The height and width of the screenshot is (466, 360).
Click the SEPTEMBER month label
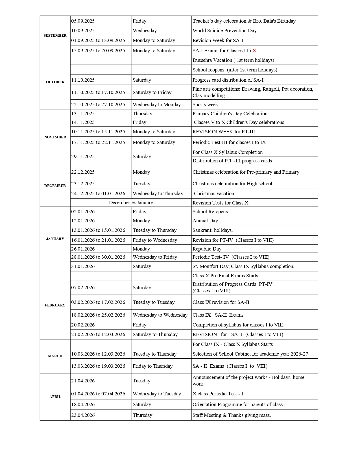[55, 36]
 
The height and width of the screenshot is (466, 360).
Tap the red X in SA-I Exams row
[254, 51]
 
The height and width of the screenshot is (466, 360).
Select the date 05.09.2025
[83, 21]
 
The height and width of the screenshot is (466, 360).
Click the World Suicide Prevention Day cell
[224, 31]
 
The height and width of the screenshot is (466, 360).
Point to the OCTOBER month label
[55, 82]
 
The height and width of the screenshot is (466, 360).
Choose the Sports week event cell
[205, 104]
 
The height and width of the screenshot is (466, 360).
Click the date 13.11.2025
[83, 114]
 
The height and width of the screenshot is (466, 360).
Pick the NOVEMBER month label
[55, 137]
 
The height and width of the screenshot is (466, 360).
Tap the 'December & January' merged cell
[131, 202]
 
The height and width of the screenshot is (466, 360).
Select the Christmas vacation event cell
[214, 193]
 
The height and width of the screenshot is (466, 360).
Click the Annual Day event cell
[205, 221]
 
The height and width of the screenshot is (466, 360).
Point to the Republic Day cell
[207, 249]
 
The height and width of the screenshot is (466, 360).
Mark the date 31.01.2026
[83, 266]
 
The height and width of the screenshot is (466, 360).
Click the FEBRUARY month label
[55, 305]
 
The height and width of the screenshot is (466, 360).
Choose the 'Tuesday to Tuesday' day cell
[154, 302]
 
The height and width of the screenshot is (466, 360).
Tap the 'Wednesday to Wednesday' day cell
[160, 315]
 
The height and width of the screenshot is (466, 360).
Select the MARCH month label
[55, 356]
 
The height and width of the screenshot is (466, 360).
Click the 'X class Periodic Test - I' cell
[218, 394]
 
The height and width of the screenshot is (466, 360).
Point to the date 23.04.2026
[83, 415]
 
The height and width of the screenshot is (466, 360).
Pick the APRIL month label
[55, 397]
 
